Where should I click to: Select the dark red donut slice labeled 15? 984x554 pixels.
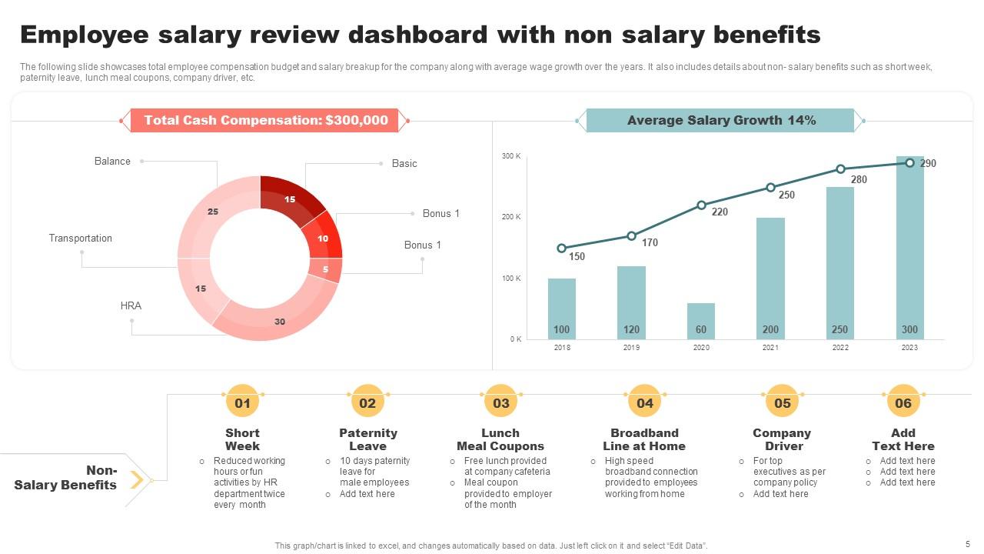tap(289, 199)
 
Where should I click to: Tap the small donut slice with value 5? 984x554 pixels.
tap(326, 269)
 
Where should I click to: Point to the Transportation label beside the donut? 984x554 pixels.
tap(81, 239)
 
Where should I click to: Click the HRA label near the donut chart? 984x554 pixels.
tap(131, 305)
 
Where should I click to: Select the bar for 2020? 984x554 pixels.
tap(701, 321)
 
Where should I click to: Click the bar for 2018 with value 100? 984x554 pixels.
tap(562, 308)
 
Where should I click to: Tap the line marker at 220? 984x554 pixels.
tap(701, 205)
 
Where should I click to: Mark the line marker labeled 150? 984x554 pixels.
tap(562, 249)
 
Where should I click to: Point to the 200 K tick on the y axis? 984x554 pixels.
tap(511, 217)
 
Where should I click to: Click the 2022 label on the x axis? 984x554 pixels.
tap(840, 348)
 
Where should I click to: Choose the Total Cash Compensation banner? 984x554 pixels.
tap(266, 121)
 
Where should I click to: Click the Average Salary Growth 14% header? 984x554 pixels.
tap(721, 121)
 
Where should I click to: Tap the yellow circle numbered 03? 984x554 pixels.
tap(501, 403)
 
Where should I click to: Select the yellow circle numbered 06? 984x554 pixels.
tap(903, 403)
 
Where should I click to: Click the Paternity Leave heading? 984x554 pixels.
tap(368, 439)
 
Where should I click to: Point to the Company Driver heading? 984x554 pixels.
tap(782, 439)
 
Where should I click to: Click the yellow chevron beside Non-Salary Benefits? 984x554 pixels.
tap(137, 481)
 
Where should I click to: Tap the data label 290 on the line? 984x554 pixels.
tap(928, 163)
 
